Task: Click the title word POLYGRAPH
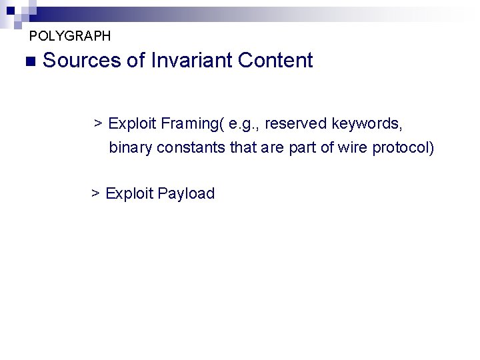70,36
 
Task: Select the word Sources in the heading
81,61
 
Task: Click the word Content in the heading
275,61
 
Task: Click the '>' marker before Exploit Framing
97,123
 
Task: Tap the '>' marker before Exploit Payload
95,193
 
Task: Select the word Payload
186,194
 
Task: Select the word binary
131,147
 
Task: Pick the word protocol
403,147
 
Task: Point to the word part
303,147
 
